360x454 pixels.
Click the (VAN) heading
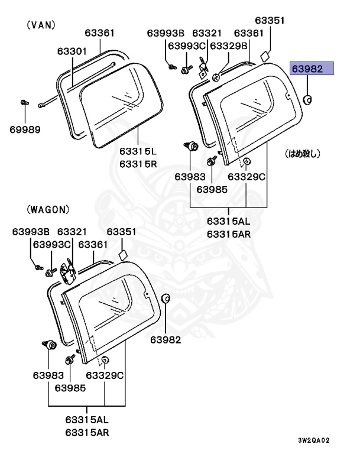click(40, 25)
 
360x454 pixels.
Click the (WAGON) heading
click(48, 209)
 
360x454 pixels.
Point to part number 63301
click(72, 51)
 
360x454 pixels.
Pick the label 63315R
click(138, 164)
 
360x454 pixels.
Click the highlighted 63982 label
click(312, 69)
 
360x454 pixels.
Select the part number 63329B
click(228, 46)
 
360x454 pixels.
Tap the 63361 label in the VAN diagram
click(99, 33)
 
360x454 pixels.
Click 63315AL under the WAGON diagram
click(87, 420)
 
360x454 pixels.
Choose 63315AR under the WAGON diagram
click(87, 432)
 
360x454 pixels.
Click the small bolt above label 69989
click(24, 103)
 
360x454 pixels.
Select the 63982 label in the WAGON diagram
click(166, 339)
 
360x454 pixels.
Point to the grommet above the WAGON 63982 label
click(166, 298)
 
